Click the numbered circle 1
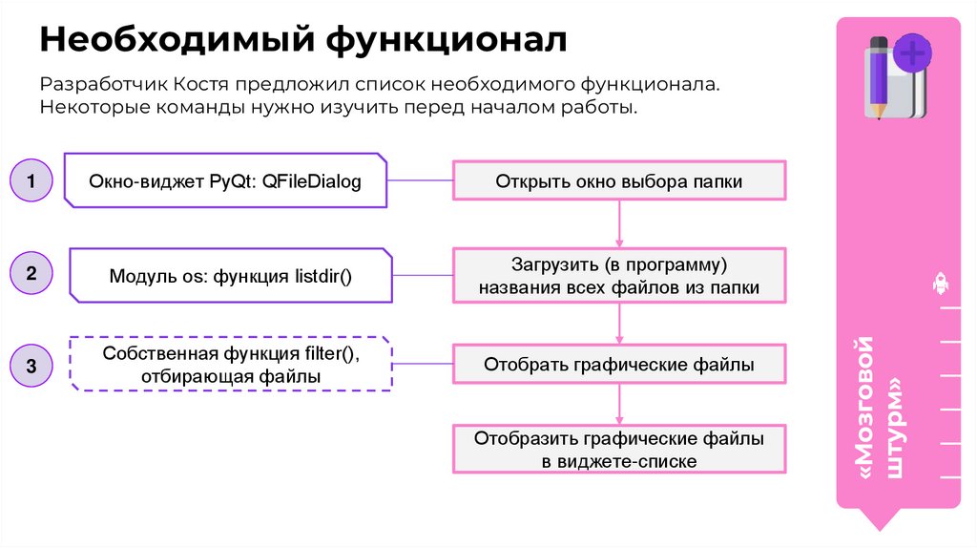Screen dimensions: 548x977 (x=31, y=180)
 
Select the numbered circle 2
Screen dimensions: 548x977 (x=31, y=274)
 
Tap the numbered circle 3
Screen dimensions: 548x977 (x=31, y=366)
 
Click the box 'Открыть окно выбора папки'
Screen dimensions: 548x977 (x=618, y=180)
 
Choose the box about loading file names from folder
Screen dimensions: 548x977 (x=618, y=275)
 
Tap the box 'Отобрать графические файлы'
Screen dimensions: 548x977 (x=618, y=365)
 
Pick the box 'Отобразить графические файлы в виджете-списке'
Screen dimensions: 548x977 (x=618, y=450)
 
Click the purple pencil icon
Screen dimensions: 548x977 (x=877, y=76)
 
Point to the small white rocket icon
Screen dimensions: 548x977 (x=939, y=283)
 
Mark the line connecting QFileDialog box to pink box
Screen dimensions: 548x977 (x=420, y=179)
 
